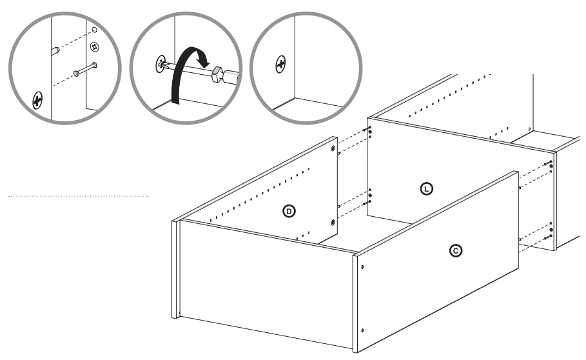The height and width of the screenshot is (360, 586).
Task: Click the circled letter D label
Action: point(291,211)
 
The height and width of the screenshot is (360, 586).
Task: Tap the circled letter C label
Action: point(456,250)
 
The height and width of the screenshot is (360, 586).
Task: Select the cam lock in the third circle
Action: point(280,63)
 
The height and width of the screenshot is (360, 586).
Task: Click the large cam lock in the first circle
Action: point(37,100)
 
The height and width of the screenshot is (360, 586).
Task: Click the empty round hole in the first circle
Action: point(95,30)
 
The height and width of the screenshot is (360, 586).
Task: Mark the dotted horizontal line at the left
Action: point(78,195)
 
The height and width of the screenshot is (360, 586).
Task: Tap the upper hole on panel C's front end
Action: point(362,266)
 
